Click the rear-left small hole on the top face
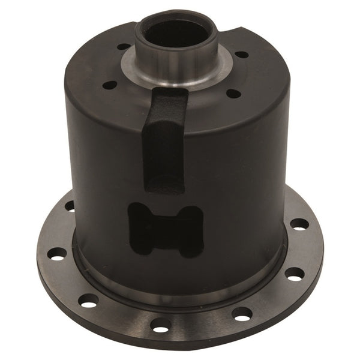(124, 46)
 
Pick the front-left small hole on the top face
(110, 85)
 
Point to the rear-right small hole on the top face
(241, 54)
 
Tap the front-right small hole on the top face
(233, 93)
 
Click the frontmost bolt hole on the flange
(161, 326)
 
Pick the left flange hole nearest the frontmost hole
(88, 300)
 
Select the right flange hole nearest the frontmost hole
(242, 313)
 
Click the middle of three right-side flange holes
(294, 274)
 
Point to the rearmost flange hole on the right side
(299, 224)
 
